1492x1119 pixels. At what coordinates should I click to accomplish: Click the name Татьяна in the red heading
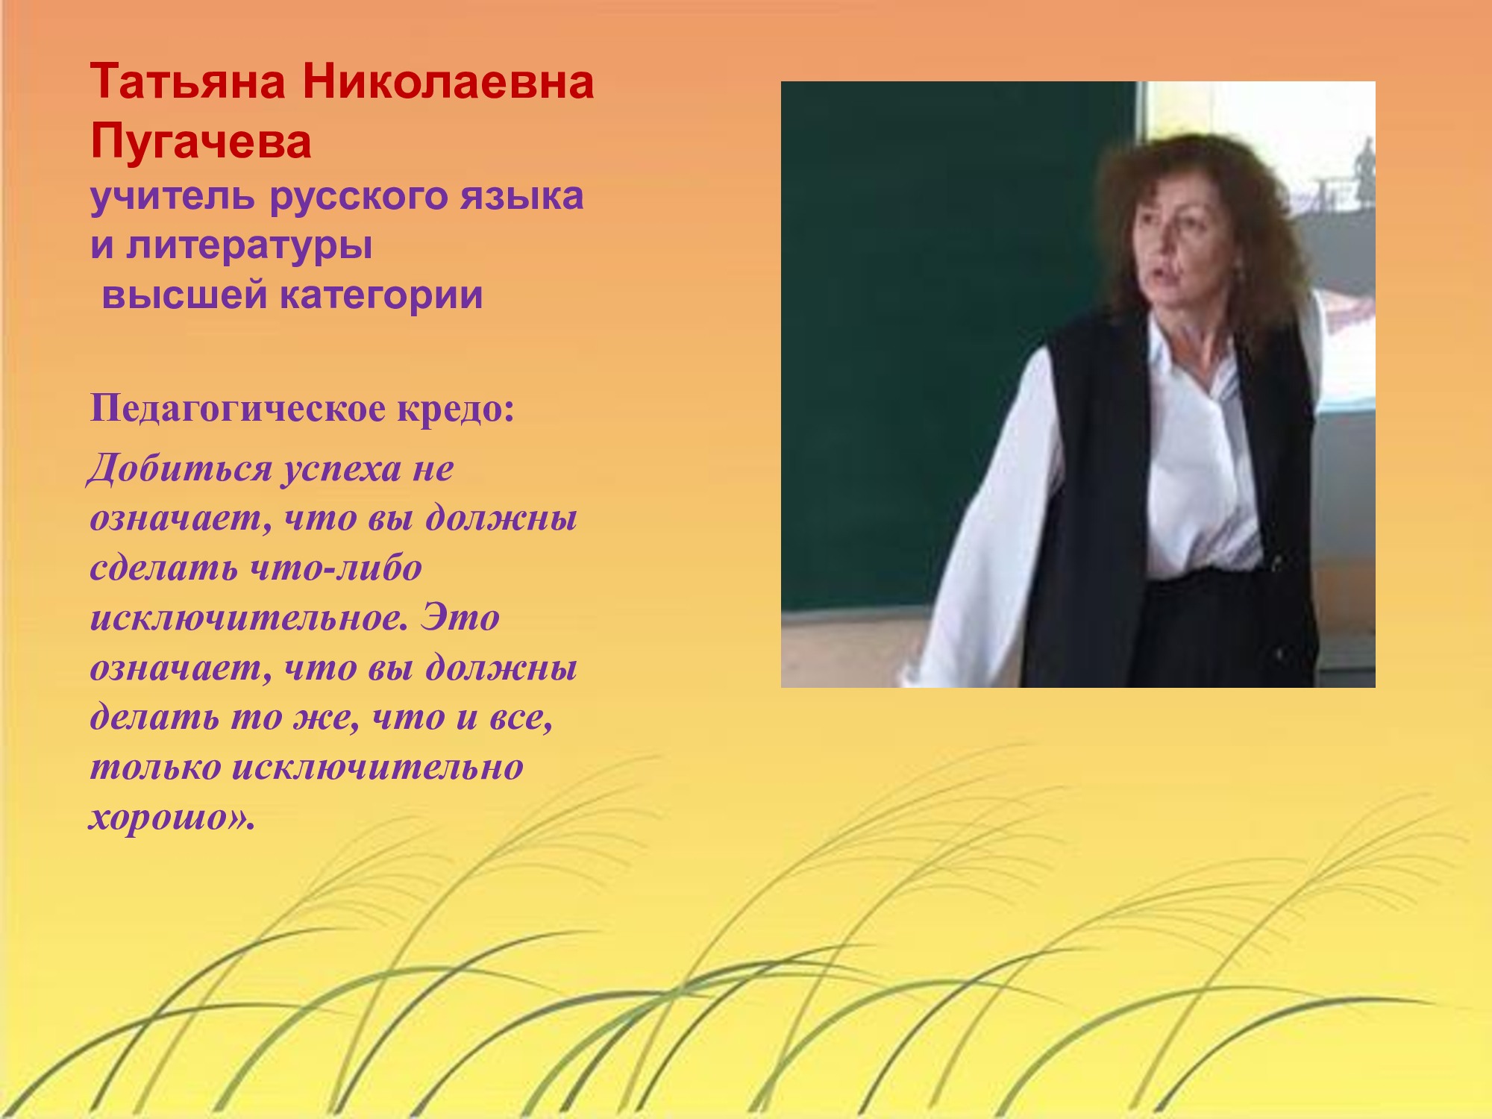click(187, 81)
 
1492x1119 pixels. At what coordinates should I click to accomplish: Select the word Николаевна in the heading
click(448, 81)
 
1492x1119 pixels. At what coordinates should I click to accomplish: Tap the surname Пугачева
click(201, 142)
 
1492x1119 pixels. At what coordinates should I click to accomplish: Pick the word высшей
click(184, 295)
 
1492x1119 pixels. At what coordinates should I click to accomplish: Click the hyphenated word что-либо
click(336, 568)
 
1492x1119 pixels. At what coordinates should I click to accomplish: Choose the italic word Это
click(460, 618)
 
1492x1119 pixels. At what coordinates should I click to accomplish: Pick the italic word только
click(156, 768)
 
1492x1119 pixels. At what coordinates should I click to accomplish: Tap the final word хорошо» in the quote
click(172, 818)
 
